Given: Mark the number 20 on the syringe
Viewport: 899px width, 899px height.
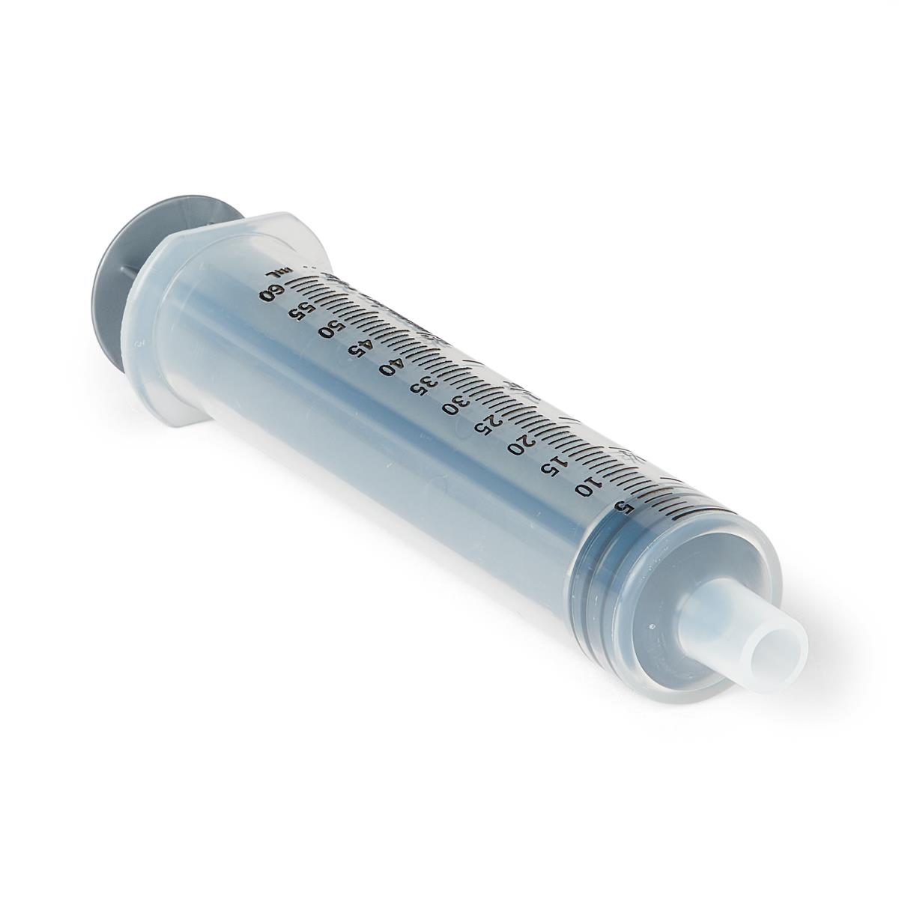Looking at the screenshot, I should point(518,447).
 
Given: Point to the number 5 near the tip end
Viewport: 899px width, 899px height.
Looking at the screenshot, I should point(619,506).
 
